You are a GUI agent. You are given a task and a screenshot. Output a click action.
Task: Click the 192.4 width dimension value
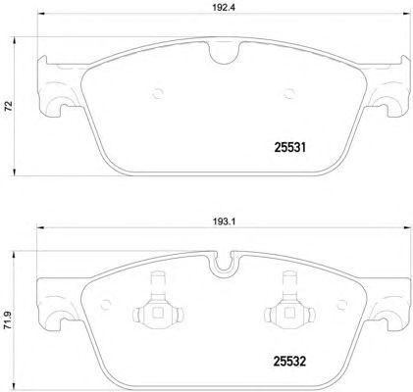coord(224,8)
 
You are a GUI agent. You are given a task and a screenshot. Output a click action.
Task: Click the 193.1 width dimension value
coord(224,221)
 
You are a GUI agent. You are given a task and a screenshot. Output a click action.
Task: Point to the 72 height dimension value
coord(9,106)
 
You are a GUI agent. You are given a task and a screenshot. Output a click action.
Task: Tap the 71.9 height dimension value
coord(9,320)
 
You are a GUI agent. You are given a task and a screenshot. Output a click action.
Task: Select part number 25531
coord(289,148)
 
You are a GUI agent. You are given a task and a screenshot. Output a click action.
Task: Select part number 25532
coord(289,362)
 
